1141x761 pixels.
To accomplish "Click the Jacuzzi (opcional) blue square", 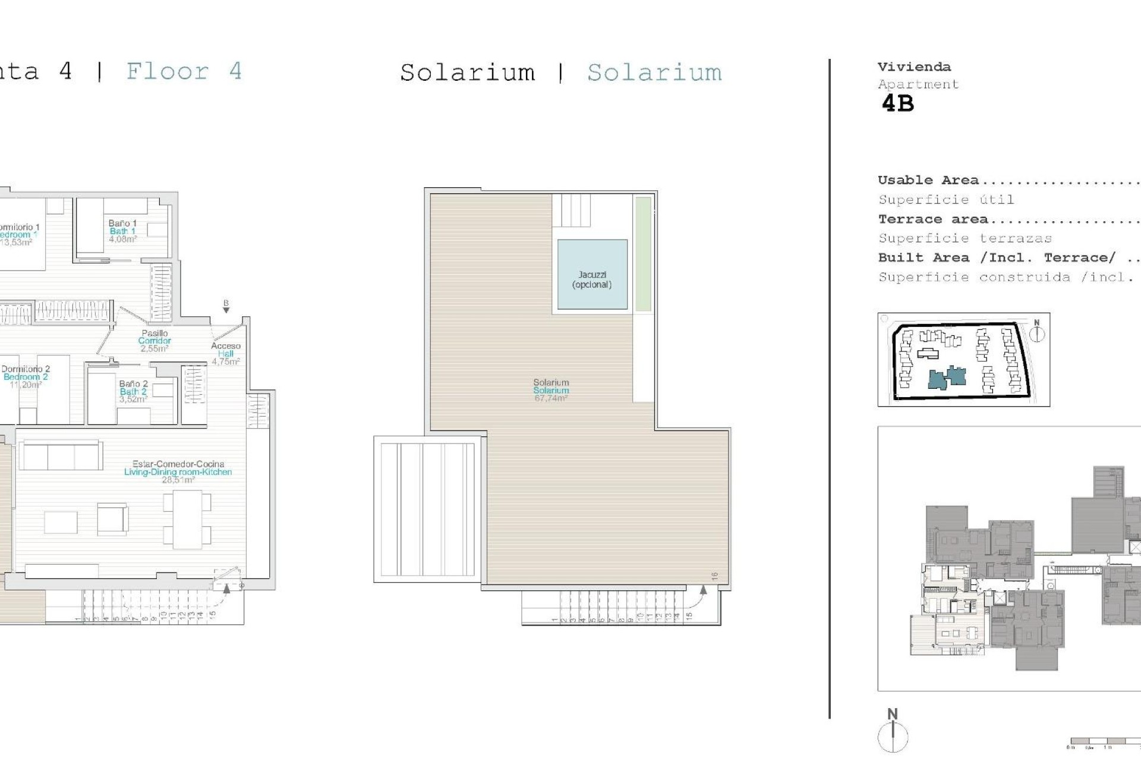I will point(592,274).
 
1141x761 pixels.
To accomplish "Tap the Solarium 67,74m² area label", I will point(551,391).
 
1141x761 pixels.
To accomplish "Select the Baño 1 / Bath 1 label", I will point(122,231).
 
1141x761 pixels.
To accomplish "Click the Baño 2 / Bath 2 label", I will point(133,391).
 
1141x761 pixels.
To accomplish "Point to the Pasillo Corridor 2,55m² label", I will point(155,341).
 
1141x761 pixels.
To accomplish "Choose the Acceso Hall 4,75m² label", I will point(225,354).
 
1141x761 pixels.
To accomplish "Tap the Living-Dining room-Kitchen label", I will point(178,472).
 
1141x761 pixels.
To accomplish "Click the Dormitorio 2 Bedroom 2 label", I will point(26,377).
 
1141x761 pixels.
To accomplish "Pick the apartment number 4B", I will point(897,104).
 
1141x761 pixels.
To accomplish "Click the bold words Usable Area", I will point(928,180).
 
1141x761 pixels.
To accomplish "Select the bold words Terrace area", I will point(933,219).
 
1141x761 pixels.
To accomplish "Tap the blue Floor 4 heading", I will point(184,72).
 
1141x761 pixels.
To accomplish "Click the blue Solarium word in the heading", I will point(654,73).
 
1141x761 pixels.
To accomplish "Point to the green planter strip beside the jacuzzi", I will point(643,254).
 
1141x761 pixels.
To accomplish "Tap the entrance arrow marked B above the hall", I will point(226,307).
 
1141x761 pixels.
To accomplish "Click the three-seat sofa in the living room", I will point(60,455).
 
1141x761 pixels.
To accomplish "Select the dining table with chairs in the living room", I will point(187,519).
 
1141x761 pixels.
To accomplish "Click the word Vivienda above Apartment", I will point(914,67).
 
